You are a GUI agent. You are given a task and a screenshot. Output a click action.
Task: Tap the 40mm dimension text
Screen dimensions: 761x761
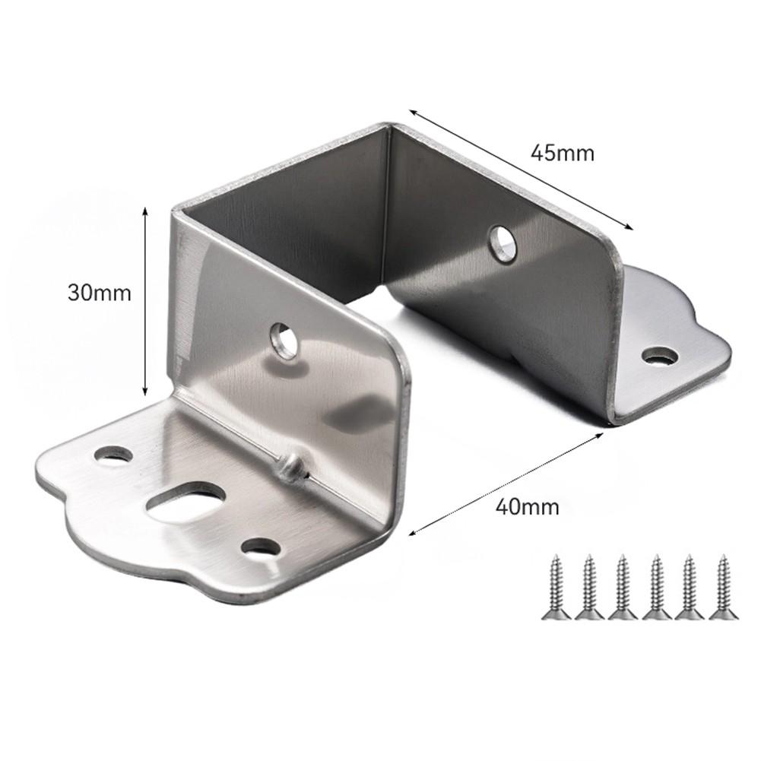coord(525,506)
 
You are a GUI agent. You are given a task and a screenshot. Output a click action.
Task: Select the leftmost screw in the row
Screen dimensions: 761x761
coord(554,586)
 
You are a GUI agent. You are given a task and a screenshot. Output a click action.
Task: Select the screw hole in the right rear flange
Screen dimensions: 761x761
coord(660,354)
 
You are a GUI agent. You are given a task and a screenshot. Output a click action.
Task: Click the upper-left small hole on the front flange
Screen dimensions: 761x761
coord(113,456)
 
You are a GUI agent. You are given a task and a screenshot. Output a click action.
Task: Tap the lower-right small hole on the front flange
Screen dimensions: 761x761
coord(261,546)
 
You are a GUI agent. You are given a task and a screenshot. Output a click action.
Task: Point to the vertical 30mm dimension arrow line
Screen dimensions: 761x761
coord(144,304)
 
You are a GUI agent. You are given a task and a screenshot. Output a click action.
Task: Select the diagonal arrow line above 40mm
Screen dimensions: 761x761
coord(506,484)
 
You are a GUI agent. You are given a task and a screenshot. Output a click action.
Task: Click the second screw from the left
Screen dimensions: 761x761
coord(588,586)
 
